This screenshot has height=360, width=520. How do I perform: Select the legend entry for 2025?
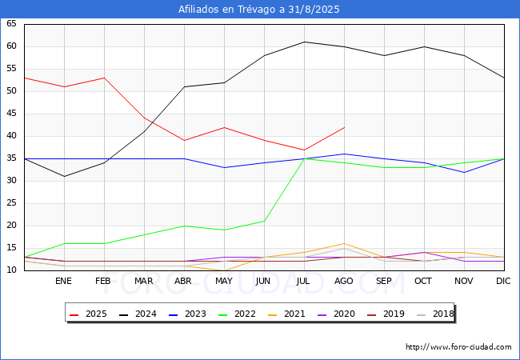click(x=89, y=314)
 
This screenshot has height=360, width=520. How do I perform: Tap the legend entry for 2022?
click(x=237, y=314)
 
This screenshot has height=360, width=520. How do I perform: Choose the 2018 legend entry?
click(x=435, y=314)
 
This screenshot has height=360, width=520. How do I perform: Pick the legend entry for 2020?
click(x=336, y=314)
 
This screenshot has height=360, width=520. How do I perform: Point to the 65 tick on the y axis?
click(x=11, y=23)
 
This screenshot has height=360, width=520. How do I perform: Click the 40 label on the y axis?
click(x=11, y=135)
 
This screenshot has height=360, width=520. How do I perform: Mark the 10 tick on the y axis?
click(x=11, y=270)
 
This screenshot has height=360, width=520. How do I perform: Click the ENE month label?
click(x=63, y=281)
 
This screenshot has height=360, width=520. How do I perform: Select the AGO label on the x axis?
click(x=343, y=281)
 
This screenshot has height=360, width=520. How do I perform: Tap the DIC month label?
click(x=503, y=281)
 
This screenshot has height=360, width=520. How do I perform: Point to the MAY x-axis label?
click(x=224, y=281)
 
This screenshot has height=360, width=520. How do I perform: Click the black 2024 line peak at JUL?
click(x=305, y=42)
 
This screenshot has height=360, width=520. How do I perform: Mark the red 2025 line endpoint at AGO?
click(x=345, y=127)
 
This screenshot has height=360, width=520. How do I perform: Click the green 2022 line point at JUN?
click(x=264, y=221)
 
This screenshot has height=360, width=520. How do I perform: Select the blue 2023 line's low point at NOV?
click(x=464, y=172)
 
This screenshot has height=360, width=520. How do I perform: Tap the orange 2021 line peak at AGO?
click(x=345, y=244)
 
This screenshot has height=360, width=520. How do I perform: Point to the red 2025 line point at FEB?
click(x=105, y=78)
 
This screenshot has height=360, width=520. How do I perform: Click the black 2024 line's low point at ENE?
click(x=64, y=176)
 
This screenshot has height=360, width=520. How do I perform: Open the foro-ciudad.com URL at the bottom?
click(x=458, y=347)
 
